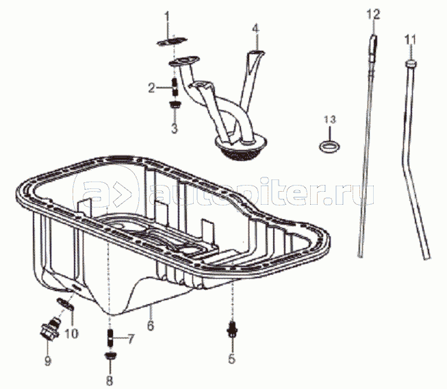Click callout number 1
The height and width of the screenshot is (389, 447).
(x=167, y=17)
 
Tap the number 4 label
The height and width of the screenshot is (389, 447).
(x=256, y=29)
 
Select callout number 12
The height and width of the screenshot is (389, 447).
(x=373, y=14)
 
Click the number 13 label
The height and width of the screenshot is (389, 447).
(x=330, y=119)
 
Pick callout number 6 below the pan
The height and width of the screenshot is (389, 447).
(x=151, y=325)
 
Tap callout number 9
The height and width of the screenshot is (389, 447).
(x=48, y=361)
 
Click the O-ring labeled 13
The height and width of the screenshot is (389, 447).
(x=329, y=147)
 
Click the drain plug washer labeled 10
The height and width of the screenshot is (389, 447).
(x=66, y=303)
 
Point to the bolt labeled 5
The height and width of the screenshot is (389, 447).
(x=232, y=329)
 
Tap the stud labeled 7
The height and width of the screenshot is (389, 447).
(x=110, y=338)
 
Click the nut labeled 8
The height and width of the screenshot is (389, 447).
(x=110, y=355)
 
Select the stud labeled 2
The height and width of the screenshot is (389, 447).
(x=175, y=87)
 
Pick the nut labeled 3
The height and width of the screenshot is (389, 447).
(x=175, y=104)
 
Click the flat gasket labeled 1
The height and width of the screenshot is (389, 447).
(x=172, y=41)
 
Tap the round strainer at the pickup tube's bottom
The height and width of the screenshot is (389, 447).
(x=240, y=148)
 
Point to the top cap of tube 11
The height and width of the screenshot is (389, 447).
(x=411, y=64)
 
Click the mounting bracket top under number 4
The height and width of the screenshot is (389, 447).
(x=256, y=53)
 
